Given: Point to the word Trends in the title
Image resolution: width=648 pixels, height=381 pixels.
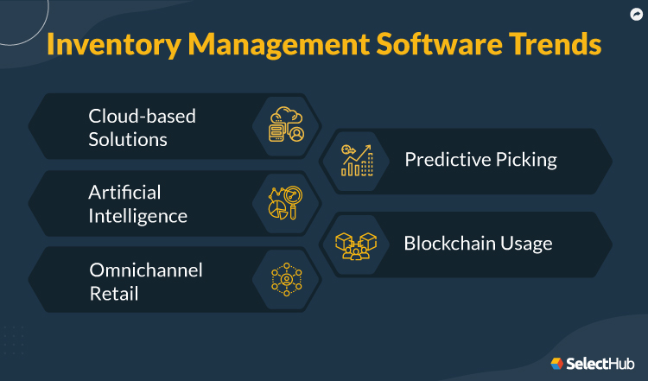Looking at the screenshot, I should tap(553, 45).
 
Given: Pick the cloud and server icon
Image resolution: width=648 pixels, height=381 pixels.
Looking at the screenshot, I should tap(286, 126).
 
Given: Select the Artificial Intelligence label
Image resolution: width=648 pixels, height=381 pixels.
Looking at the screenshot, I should tap(137, 204).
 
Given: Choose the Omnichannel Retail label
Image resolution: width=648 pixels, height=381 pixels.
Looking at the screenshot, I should tap(145, 282).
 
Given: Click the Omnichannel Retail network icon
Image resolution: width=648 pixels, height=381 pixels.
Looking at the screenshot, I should tap(286, 281).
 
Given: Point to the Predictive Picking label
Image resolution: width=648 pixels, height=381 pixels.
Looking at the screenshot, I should tap(480, 160).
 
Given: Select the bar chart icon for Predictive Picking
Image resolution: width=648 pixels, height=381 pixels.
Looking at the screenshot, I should tap(356, 161).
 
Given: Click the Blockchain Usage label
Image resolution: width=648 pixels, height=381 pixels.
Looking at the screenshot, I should tap(478, 244).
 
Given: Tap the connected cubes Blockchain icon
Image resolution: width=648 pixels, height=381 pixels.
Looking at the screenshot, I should tap(356, 244).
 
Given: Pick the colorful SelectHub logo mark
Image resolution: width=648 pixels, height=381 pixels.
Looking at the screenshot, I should tap(557, 364).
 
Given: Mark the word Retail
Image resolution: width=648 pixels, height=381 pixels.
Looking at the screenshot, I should tap(114, 294).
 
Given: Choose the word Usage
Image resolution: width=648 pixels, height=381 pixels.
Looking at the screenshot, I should tap(524, 244).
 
